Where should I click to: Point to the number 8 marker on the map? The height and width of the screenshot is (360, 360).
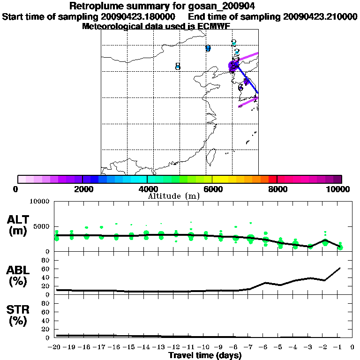[x=178, y=67]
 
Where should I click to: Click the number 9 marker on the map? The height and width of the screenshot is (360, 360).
[x=208, y=48]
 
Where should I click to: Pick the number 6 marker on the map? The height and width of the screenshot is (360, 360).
[x=240, y=88]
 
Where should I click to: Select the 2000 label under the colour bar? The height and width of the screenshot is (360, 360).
[x=82, y=189]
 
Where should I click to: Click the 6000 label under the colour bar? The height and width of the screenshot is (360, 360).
[x=212, y=189]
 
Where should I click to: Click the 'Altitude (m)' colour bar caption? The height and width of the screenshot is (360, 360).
[x=173, y=196]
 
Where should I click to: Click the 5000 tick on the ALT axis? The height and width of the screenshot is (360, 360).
[x=43, y=226]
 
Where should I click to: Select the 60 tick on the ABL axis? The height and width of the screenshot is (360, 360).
[x=46, y=269]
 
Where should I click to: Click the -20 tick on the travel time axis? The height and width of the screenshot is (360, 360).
[x=56, y=347]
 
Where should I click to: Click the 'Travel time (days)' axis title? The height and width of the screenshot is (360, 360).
[x=205, y=355]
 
